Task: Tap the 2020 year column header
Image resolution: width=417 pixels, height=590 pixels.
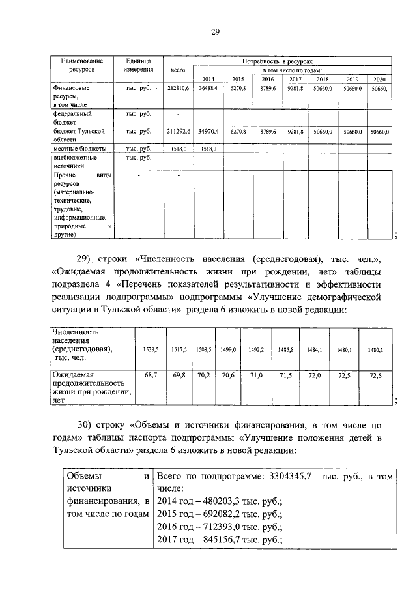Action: [x=380, y=79]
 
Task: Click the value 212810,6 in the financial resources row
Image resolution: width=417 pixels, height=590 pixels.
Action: [x=178, y=87]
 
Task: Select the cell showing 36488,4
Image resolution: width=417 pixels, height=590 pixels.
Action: [x=209, y=87]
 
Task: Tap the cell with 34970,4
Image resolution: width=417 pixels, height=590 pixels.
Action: [x=209, y=132]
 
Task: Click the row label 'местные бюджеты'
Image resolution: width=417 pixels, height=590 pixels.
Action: [x=76, y=149]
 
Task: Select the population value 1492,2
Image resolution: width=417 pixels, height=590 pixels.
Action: [x=256, y=350]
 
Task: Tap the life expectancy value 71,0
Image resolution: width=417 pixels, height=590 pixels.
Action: [x=256, y=376]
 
